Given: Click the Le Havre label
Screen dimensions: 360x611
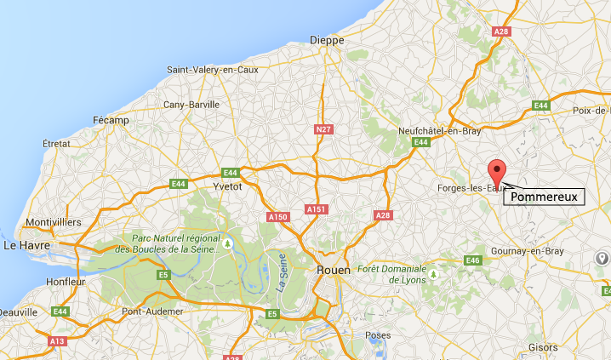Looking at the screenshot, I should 24,245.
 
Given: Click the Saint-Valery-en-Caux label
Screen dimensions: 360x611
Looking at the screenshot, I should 211,70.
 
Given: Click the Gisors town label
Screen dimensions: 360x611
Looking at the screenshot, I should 544,348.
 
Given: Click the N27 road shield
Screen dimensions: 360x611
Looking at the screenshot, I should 321,129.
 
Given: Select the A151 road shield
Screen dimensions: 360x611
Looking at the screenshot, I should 316,209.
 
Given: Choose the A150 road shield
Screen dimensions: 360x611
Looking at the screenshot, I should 278,218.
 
